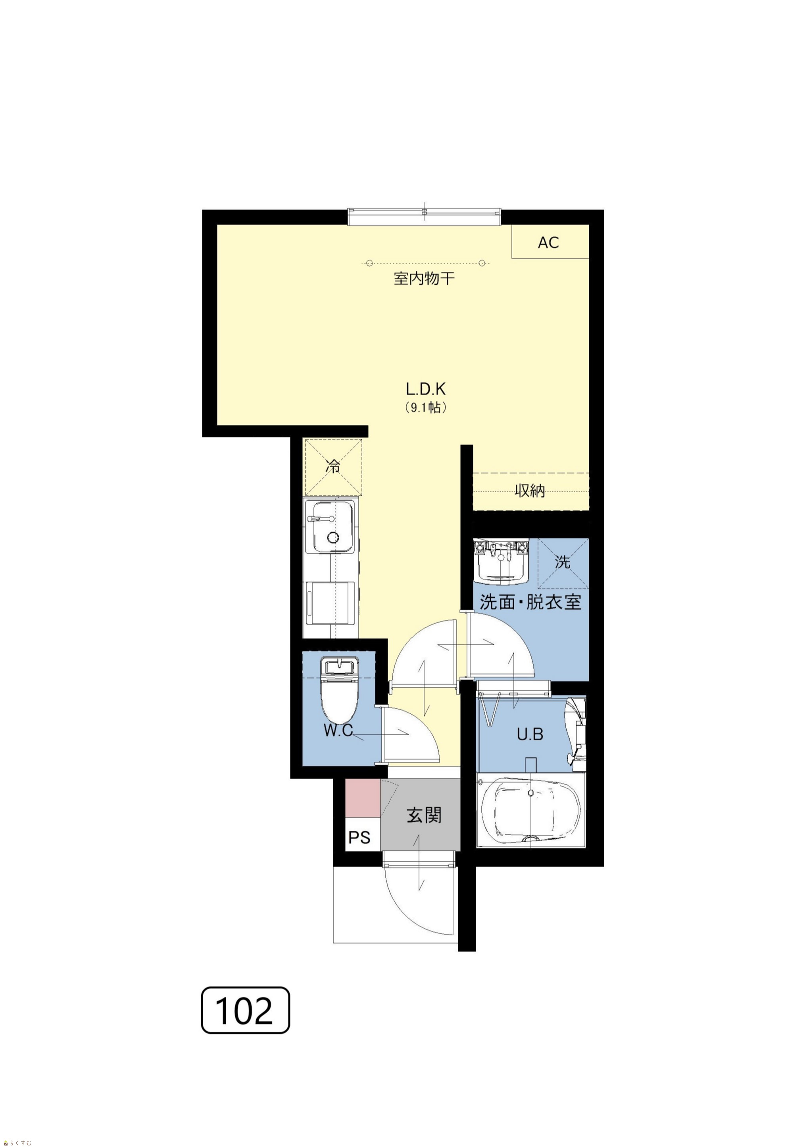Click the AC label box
tap(550, 242)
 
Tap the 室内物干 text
tap(424, 279)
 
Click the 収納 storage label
tap(530, 491)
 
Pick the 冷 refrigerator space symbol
tap(333, 467)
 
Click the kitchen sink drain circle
tap(333, 537)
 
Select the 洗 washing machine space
tap(563, 564)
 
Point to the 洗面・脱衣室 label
tap(530, 602)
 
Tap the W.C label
tap(338, 730)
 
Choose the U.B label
tap(530, 734)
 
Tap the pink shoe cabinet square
tap(363, 798)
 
